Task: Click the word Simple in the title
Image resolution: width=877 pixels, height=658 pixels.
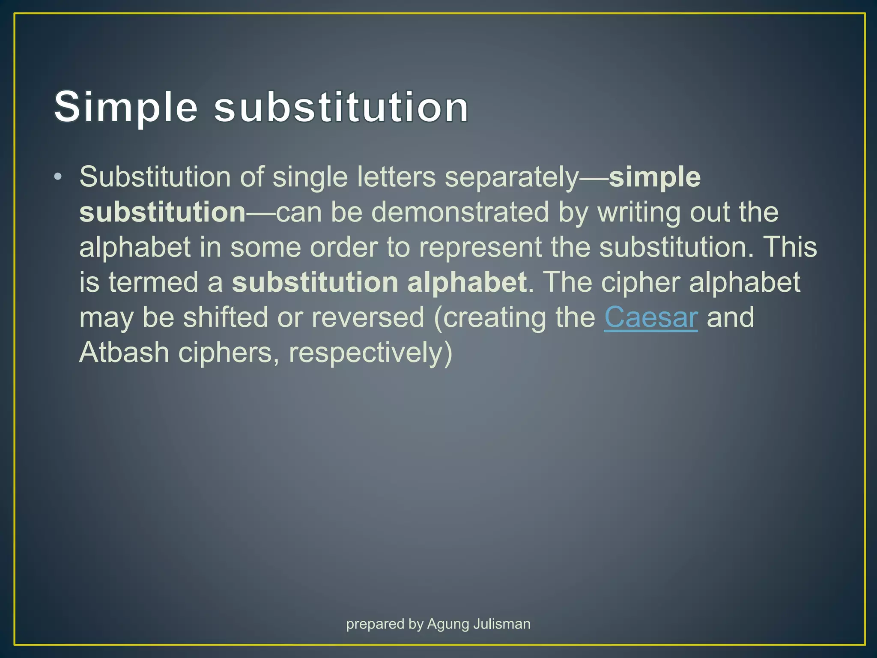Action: click(x=126, y=107)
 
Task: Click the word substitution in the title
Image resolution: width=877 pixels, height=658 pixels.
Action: click(x=341, y=107)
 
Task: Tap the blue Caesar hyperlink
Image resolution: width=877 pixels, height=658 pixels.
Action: click(x=650, y=317)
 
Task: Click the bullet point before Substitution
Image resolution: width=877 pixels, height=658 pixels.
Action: click(x=58, y=177)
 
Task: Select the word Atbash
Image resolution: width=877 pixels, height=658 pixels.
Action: click(x=124, y=353)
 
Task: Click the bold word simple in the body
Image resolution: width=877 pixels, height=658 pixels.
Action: click(x=654, y=177)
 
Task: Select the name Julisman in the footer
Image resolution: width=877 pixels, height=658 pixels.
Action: click(x=502, y=624)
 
